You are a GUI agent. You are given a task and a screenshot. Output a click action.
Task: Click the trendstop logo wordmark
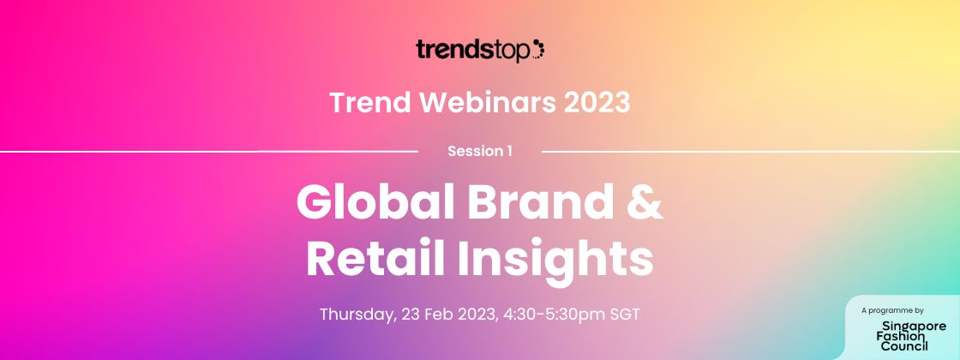pos(473,51)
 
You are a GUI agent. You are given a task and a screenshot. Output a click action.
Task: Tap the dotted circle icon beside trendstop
pos(538,49)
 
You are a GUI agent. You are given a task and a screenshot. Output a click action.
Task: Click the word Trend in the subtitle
pos(369,102)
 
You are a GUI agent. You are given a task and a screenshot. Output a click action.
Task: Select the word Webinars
pos(488,102)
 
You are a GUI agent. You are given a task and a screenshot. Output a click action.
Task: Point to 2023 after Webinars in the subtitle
pos(597,102)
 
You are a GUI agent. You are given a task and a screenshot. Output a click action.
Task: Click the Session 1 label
pos(480,151)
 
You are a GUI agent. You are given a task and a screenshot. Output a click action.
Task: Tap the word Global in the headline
pos(376,202)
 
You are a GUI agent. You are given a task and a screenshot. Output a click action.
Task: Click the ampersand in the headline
pos(645,202)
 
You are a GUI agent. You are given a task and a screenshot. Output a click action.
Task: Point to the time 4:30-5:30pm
pos(555,315)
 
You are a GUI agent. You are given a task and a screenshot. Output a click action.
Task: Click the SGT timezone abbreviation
pos(625,315)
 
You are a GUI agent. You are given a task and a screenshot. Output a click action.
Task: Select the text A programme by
pos(892,310)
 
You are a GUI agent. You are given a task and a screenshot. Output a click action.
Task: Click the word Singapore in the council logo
pos(914,327)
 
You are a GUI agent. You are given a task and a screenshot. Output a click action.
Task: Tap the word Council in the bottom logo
pos(904,346)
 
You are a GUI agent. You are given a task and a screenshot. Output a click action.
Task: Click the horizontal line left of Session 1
pos(209,151)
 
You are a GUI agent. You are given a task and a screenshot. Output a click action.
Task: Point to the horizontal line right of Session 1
pos(751,151)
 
